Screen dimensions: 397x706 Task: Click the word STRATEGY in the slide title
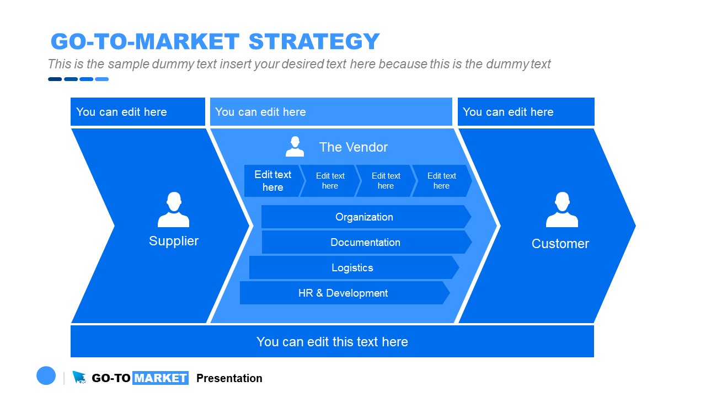314,42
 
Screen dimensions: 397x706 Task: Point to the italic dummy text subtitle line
299,64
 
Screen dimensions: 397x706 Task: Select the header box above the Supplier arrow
137,112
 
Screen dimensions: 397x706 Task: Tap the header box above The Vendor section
331,112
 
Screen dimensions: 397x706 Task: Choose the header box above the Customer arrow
526,112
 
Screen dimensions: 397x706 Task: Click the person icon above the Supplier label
173,210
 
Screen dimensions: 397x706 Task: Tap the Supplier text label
173,241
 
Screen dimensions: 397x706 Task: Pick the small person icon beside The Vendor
295,147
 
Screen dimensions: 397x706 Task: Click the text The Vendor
353,147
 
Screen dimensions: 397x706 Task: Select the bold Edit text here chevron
272,181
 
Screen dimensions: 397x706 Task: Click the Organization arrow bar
364,217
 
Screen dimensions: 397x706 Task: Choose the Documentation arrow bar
365,243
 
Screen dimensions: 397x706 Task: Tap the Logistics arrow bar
352,268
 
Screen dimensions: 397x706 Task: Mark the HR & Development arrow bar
343,293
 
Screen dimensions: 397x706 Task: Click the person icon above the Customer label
561,210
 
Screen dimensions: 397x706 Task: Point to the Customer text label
560,244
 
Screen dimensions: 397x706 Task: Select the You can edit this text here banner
332,342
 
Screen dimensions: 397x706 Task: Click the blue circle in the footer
46,376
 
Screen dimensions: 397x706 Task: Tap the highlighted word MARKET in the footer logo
161,378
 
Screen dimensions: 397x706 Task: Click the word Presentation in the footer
229,378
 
